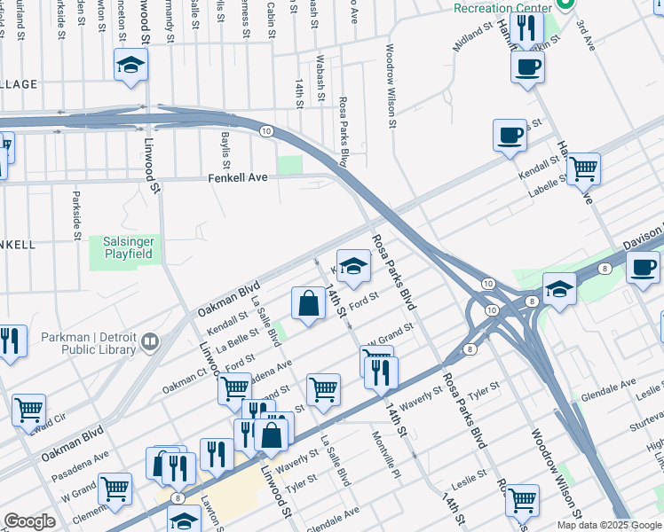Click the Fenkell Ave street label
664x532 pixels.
[x=238, y=177]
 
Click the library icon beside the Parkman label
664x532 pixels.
[x=149, y=341]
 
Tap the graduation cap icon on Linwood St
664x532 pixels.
[x=130, y=66]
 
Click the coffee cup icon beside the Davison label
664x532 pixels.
[x=643, y=266]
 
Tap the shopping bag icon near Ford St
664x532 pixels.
[x=307, y=303]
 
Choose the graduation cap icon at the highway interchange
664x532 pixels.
[x=559, y=288]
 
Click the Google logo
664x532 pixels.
[x=29, y=521]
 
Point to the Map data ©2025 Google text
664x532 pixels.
[x=608, y=525]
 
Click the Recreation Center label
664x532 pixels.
[x=503, y=8]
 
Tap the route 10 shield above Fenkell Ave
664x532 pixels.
[x=266, y=130]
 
